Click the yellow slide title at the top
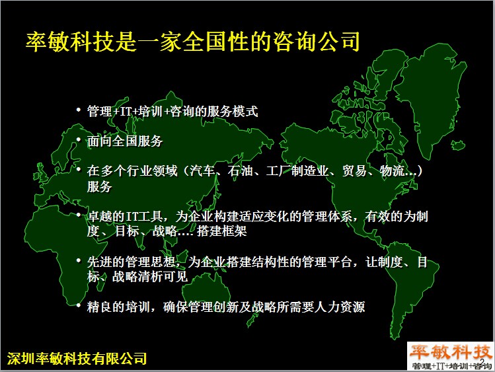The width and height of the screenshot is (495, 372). pos(192,42)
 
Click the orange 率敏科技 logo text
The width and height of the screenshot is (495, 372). pos(451,351)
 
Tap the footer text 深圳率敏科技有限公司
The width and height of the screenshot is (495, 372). pos(77,358)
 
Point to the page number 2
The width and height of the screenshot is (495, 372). pos(482,361)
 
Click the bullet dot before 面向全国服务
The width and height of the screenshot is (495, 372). pos(78,139)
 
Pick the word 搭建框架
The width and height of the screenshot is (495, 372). pos(221,231)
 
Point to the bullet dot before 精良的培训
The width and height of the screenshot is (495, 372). pos(78,305)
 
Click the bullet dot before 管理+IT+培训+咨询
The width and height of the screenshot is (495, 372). pos(78,110)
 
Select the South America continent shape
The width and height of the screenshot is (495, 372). pos(407,284)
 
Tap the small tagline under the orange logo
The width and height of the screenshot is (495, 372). pos(452,366)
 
